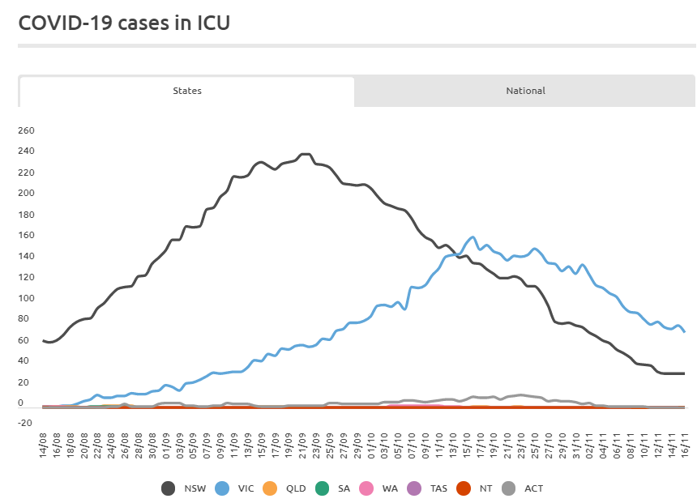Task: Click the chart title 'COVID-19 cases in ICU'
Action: click(124, 23)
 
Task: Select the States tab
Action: click(187, 91)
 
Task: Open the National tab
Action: click(525, 91)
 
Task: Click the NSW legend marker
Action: click(168, 488)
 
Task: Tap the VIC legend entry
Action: click(234, 488)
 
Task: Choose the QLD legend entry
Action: click(284, 488)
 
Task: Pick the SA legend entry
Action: click(332, 488)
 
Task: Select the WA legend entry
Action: click(378, 488)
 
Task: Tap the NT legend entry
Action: click(474, 488)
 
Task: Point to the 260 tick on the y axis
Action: click(26, 130)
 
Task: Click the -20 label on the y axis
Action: click(25, 423)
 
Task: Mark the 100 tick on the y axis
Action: click(26, 298)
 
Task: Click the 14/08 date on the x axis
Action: click(43, 445)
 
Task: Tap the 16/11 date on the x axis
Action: click(685, 445)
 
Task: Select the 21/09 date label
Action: click(303, 445)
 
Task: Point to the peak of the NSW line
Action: click(306, 154)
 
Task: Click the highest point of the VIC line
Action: click(473, 237)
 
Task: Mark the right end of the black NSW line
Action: click(684, 373)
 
